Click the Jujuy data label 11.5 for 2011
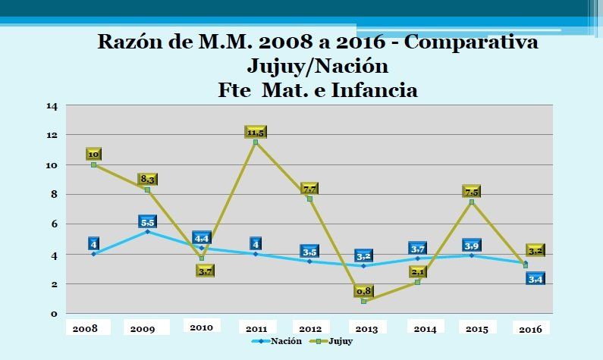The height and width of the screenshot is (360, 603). point(256,132)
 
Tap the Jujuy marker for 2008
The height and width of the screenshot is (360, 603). point(93,164)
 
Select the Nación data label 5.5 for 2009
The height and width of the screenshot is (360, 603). point(147,221)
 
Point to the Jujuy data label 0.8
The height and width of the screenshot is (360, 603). point(363,290)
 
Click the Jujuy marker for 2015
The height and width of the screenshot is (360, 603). point(472,202)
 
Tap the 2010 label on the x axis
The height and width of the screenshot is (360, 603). point(201,327)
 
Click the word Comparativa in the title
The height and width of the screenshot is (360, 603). point(471,42)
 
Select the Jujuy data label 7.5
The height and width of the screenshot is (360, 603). point(472,191)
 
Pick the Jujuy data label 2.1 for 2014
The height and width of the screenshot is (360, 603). point(417,271)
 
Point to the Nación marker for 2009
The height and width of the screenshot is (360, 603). point(147,231)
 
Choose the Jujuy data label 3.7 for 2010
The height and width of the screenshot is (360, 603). point(205,270)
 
